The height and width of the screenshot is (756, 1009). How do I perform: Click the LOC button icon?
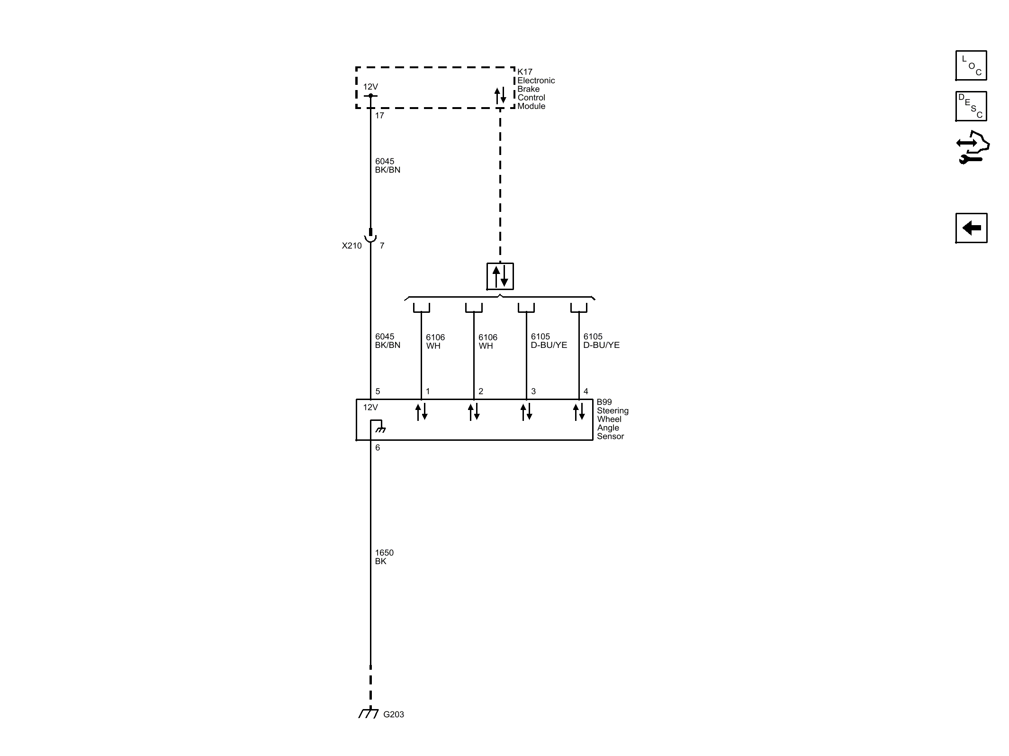point(971,65)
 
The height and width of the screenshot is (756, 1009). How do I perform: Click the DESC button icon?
point(971,106)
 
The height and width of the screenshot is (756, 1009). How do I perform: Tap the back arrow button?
point(971,228)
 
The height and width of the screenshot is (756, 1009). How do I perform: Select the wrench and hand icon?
point(973,148)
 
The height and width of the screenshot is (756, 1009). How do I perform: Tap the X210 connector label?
point(351,246)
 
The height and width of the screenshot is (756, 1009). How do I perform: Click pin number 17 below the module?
point(379,115)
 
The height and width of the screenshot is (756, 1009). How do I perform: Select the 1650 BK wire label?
point(384,557)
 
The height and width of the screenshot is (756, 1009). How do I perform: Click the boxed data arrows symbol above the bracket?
point(500,276)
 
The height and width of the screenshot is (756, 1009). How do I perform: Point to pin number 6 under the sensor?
point(378,447)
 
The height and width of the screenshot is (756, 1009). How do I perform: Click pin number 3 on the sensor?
point(533,392)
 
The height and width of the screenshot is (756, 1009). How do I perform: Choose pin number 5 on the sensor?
point(378,392)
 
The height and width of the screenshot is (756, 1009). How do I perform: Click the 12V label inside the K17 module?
point(370,87)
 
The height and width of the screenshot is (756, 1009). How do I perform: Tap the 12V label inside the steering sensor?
point(370,407)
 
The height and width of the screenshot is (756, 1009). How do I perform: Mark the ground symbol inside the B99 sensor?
point(380,429)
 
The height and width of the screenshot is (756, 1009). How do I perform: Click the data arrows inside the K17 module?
point(500,96)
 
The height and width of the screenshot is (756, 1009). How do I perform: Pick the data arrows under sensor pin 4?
point(579,412)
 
